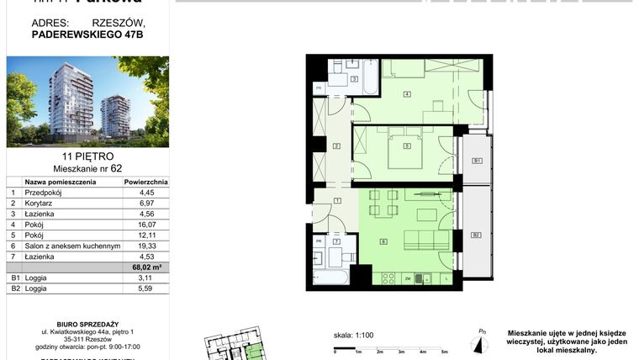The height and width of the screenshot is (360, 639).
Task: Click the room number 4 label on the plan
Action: (407, 93)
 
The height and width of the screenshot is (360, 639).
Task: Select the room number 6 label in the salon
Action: (383, 242)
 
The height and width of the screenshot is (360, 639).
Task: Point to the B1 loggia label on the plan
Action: (476, 161)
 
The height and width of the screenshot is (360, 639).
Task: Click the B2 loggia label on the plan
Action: (476, 235)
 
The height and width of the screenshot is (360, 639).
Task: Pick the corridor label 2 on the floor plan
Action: (336, 146)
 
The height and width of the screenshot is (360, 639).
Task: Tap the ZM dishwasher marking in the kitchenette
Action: (407, 278)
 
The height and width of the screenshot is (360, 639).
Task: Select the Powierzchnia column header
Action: (145, 181)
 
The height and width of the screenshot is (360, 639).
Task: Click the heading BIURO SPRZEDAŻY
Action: (87, 321)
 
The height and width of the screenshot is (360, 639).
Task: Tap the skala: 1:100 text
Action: (352, 335)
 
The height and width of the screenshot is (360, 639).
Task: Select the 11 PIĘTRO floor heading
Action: (87, 156)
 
